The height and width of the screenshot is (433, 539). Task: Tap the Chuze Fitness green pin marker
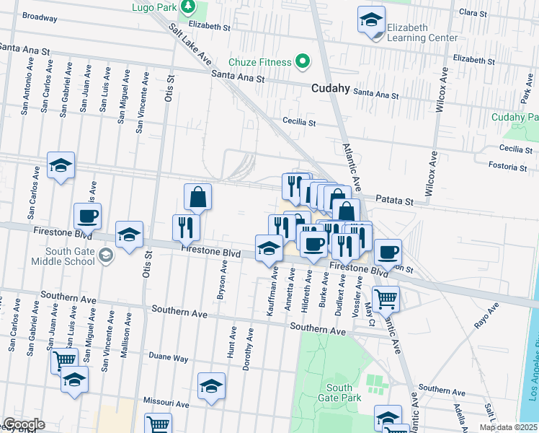(x=303, y=62)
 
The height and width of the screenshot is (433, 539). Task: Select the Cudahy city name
(x=331, y=88)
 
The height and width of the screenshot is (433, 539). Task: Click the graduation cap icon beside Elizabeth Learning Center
(x=371, y=19)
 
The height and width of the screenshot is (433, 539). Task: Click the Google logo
(x=24, y=424)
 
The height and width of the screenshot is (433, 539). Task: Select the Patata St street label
(x=395, y=201)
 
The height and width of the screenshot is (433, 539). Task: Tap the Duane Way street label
(x=168, y=357)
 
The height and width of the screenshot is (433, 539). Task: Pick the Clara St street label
(x=473, y=13)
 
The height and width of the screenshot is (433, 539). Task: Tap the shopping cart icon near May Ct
(x=386, y=297)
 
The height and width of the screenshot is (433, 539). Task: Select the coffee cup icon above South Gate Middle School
(x=87, y=215)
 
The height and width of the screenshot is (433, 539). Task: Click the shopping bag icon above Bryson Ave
(x=197, y=196)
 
